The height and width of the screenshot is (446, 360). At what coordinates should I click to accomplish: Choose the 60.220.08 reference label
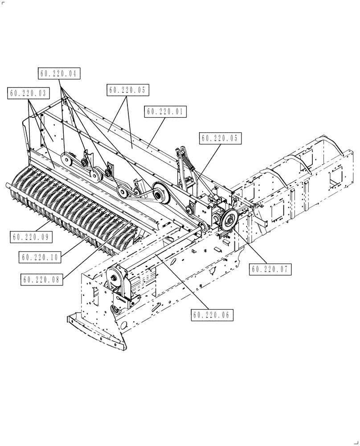(42, 279)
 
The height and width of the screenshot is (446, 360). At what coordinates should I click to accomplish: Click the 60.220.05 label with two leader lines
(127, 90)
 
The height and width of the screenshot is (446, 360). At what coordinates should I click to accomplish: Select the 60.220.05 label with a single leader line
(221, 139)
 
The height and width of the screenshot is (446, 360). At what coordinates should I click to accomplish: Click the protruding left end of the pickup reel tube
(10, 186)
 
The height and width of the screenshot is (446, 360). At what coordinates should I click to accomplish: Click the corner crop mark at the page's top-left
(4, 3)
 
